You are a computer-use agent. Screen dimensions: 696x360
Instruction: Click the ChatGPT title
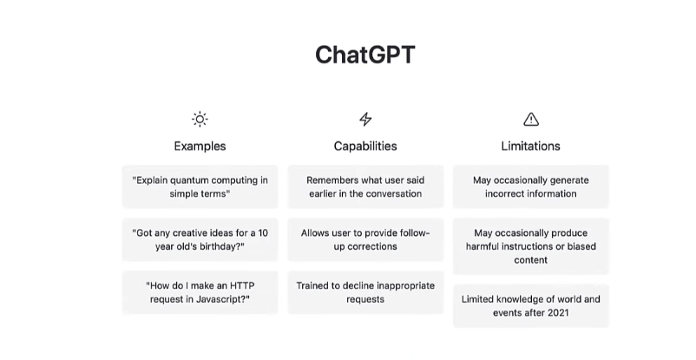[x=364, y=55]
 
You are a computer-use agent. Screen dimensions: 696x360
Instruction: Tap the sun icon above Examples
[x=200, y=119]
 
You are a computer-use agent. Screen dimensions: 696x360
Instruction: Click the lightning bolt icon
[x=365, y=119]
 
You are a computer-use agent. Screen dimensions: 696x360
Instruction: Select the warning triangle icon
[x=531, y=119]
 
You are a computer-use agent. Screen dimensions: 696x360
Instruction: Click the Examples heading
[x=200, y=146]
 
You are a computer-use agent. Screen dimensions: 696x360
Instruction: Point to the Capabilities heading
[x=365, y=146]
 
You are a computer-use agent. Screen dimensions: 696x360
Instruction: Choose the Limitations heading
[x=531, y=146]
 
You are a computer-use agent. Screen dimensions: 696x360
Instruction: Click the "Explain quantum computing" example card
[x=200, y=187]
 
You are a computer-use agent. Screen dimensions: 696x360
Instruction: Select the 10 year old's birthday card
[x=200, y=239]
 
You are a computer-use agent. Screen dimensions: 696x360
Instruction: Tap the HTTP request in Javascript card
[x=200, y=292]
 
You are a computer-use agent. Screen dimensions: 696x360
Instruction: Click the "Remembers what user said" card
[x=365, y=187]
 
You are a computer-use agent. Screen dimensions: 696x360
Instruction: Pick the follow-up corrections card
[x=365, y=239]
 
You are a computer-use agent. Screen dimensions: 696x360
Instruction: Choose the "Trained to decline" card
[x=365, y=292]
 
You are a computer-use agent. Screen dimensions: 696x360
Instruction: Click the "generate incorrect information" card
[x=531, y=187]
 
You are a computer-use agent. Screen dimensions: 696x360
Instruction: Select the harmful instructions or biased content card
[x=531, y=246]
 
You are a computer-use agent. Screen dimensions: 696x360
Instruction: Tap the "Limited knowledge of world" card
[x=531, y=306]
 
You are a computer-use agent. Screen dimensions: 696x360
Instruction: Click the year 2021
[x=558, y=312]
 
